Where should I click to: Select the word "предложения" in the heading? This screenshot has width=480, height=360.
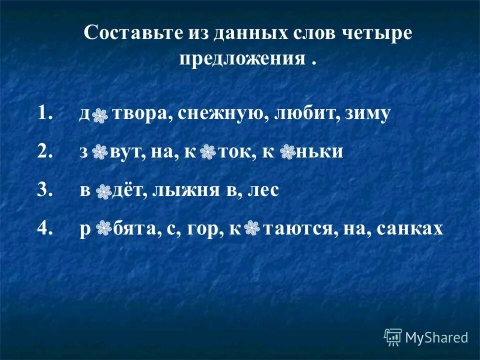(242, 58)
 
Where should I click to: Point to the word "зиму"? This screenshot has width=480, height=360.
(367, 114)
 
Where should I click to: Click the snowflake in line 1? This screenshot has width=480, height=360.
(100, 115)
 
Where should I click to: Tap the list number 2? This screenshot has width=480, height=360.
(44, 152)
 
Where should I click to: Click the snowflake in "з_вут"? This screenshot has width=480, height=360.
(100, 153)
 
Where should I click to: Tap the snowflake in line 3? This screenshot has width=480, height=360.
(103, 191)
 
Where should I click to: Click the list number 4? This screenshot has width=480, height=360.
(44, 228)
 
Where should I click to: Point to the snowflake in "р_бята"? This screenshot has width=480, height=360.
(103, 228)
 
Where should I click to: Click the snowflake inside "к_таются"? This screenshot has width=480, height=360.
(252, 228)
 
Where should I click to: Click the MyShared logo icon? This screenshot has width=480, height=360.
(392, 337)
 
